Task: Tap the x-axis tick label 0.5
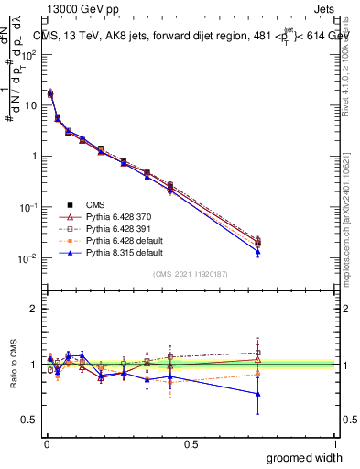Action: (191, 442)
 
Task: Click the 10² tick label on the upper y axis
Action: (27, 54)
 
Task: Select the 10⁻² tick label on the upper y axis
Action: (27, 258)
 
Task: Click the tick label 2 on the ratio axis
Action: (32, 309)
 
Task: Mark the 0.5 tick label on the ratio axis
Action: (28, 420)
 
